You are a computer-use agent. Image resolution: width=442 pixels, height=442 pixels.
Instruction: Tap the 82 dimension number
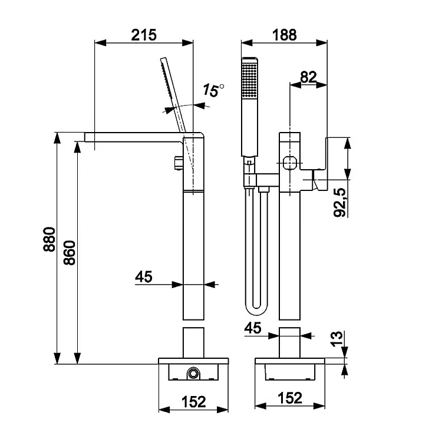tap(308, 77)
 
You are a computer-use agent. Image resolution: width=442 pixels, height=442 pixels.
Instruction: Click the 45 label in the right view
tap(253, 328)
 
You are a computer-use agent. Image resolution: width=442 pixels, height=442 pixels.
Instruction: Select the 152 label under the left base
tap(194, 401)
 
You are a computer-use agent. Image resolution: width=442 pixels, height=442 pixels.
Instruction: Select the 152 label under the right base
tap(290, 398)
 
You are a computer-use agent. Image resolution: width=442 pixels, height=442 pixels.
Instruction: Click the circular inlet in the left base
tap(193, 372)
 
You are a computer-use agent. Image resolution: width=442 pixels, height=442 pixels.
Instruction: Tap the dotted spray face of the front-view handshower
tap(249, 83)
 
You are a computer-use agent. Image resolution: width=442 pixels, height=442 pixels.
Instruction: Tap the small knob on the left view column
tap(178, 162)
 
